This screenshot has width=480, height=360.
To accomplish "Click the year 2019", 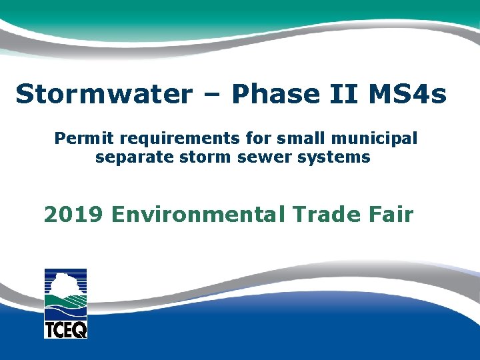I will click(x=73, y=215).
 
